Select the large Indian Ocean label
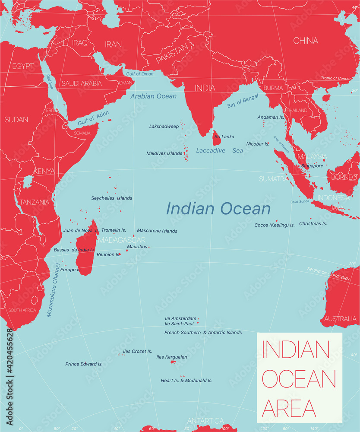(218, 209)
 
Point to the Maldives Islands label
(164, 153)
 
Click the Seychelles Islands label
(111, 198)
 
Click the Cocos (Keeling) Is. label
(275, 225)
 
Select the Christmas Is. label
(313, 224)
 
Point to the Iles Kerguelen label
(171, 357)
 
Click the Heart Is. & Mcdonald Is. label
(186, 381)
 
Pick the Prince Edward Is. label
(84, 364)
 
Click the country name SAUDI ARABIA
(82, 83)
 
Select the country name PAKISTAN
(172, 54)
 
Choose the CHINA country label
(306, 41)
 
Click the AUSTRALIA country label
(341, 319)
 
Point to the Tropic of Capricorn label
(328, 275)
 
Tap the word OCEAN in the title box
(299, 378)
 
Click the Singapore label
(312, 166)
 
